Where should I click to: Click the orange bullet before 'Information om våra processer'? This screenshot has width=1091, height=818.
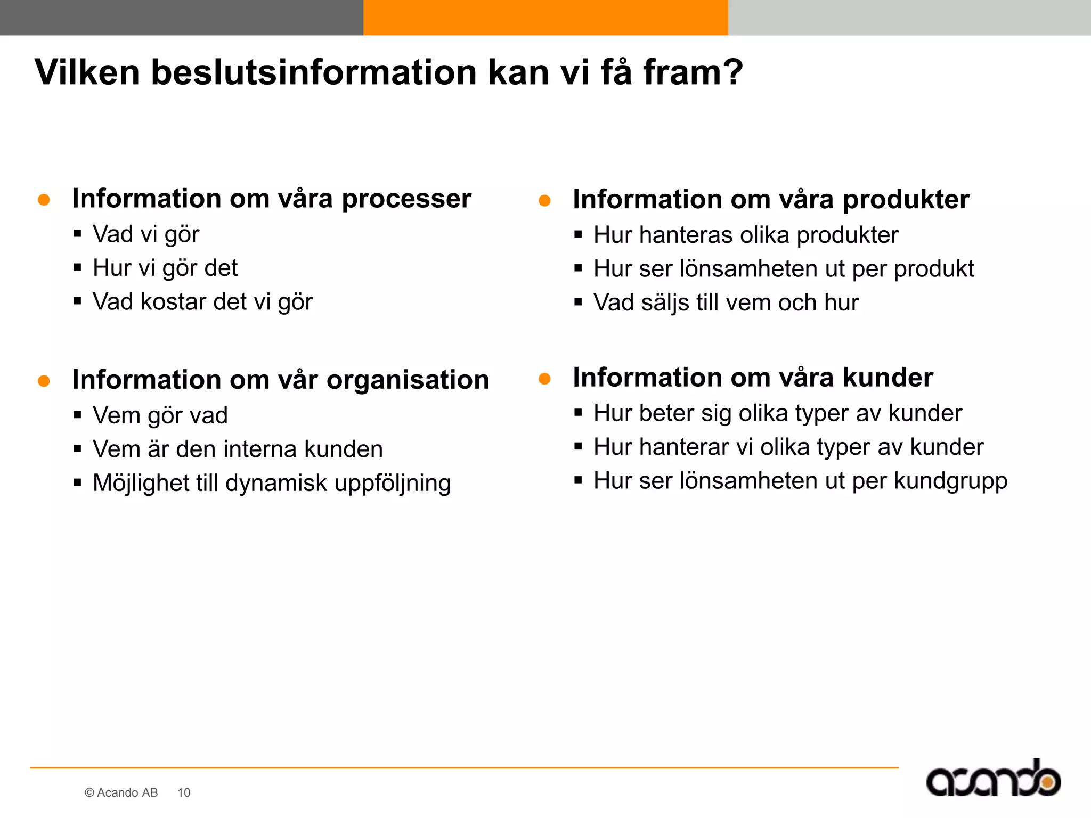tap(44, 200)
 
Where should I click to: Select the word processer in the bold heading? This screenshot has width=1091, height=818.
tap(406, 200)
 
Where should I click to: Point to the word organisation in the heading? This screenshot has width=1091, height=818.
tap(408, 380)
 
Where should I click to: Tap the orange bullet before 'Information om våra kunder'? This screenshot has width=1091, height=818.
tap(544, 379)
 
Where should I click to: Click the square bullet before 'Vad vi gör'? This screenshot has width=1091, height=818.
tap(78, 233)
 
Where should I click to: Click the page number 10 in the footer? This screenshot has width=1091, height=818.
tap(184, 792)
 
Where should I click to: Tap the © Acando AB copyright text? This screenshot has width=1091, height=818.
tap(121, 792)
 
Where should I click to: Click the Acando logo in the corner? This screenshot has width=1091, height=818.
tap(993, 780)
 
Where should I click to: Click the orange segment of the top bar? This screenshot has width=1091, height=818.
tap(545, 18)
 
